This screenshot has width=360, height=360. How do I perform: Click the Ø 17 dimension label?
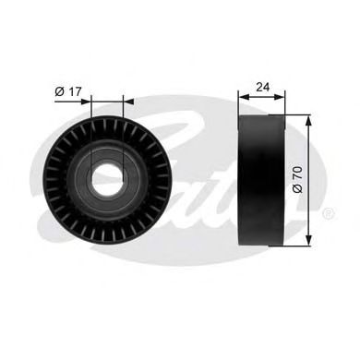coord(70,90)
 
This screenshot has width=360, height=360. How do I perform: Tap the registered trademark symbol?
coord(329,213)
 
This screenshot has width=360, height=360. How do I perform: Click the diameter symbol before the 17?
coord(59,90)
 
